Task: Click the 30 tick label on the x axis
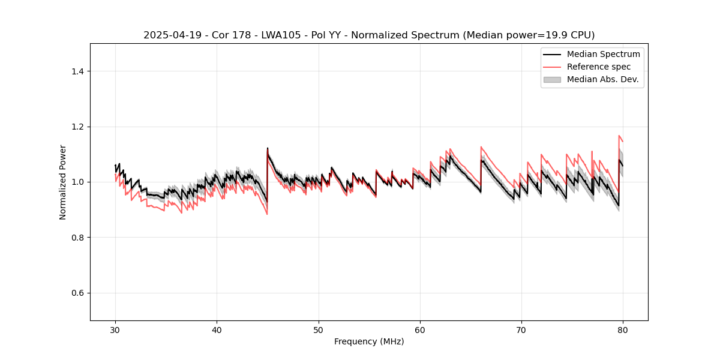(x=116, y=330)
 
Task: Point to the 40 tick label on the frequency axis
(x=217, y=330)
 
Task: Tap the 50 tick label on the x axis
(x=319, y=330)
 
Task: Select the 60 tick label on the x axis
(x=420, y=330)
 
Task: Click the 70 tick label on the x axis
(x=521, y=330)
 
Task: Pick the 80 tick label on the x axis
(x=623, y=330)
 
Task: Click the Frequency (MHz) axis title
(x=369, y=341)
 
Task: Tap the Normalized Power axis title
(x=63, y=182)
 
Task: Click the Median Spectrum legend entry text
(x=603, y=54)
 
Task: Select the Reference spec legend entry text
(x=599, y=67)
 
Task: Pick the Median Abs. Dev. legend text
(x=602, y=79)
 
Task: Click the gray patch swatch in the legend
(x=552, y=79)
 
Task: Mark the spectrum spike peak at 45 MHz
(x=268, y=148)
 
